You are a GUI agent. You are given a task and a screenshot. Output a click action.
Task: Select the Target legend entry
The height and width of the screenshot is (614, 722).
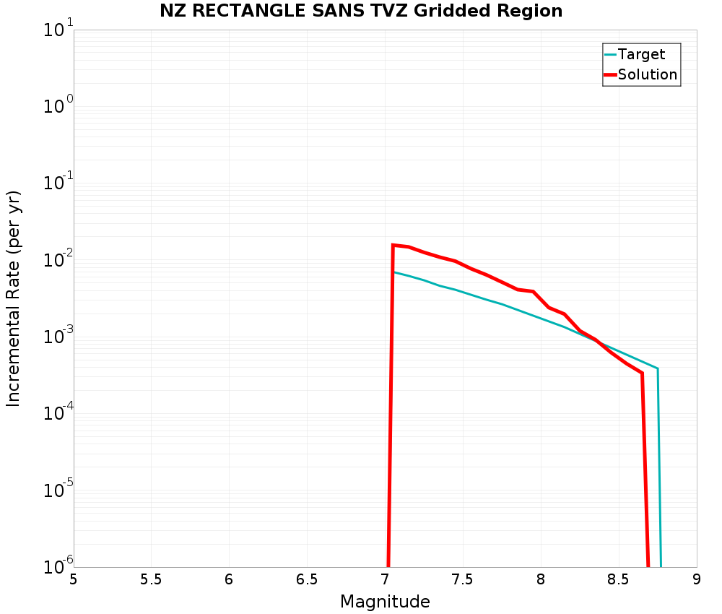tap(641, 54)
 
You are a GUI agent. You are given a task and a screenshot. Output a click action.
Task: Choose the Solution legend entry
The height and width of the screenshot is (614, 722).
tap(647, 74)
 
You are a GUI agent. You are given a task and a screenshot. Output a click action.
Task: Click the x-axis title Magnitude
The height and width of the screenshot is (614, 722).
tap(385, 602)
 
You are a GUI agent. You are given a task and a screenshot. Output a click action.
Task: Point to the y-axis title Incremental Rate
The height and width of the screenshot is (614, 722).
tap(14, 298)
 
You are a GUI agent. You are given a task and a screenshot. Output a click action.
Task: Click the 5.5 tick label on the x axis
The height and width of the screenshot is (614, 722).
tap(151, 579)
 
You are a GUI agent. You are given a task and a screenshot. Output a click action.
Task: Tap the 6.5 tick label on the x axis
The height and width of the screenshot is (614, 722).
tap(307, 579)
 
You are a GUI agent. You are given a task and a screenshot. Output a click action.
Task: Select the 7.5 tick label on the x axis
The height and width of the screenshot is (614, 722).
tap(463, 579)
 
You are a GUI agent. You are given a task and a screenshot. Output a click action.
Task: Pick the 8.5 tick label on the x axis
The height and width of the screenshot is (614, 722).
tap(619, 579)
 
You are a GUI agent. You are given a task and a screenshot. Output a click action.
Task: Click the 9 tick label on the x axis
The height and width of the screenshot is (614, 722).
tap(697, 579)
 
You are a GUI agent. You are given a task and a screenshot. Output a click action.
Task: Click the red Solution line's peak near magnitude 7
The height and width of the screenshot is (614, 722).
tap(393, 245)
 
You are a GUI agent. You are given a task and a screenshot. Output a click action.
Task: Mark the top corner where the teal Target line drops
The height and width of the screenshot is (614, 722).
tap(657, 368)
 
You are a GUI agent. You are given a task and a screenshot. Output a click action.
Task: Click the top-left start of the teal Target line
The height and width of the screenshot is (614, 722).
tap(394, 272)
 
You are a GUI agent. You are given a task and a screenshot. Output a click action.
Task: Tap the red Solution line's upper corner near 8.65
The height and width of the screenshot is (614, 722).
tap(642, 373)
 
